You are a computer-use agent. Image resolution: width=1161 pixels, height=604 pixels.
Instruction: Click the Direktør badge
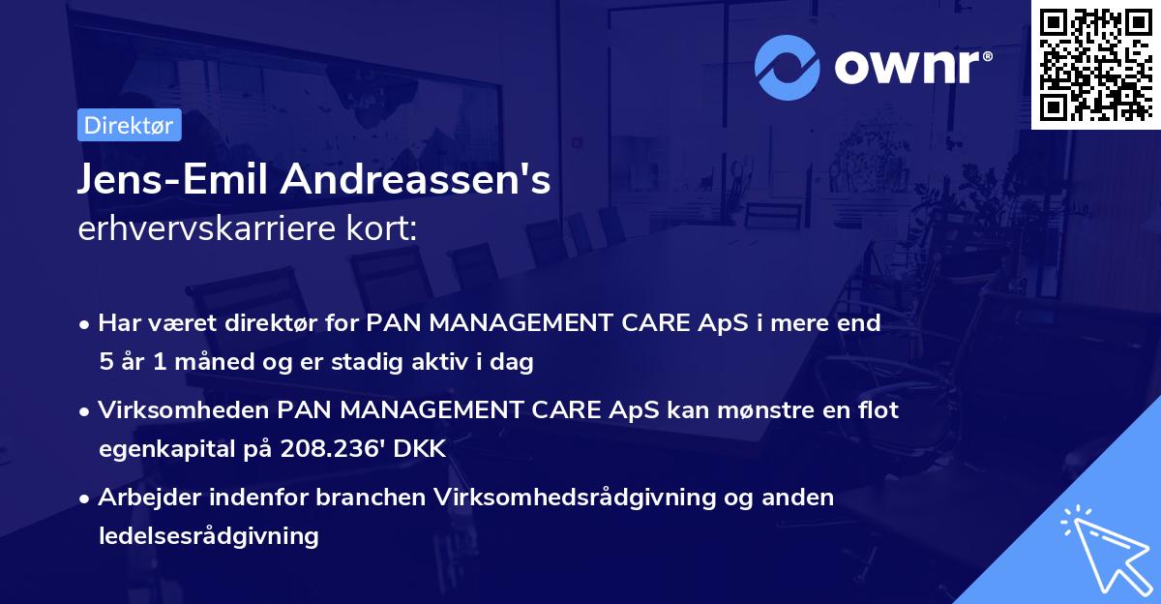[129, 125]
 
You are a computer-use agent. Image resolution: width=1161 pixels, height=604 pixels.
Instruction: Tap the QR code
[1094, 64]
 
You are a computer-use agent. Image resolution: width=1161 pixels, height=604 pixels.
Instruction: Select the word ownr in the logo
[909, 66]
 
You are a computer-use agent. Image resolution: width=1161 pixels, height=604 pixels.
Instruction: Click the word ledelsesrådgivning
[208, 535]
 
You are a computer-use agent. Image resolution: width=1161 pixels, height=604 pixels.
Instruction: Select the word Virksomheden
[184, 410]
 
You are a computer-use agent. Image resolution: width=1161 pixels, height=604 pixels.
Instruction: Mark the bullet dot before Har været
[86, 324]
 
